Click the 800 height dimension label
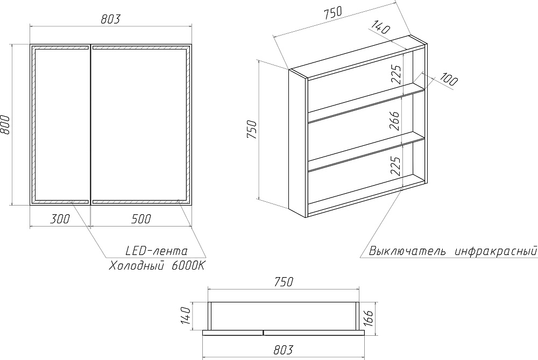[5, 125]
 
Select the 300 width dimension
[60, 218]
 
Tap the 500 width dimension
[141, 218]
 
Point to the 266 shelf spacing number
[394, 121]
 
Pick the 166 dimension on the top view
[368, 319]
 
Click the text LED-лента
[157, 251]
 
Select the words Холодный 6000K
[157, 266]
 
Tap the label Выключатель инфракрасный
[453, 251]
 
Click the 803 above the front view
[110, 19]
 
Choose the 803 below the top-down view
[284, 350]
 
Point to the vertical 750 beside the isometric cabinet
[251, 129]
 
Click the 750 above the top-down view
[284, 282]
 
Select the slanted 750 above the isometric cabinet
[333, 12]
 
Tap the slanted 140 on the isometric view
[380, 27]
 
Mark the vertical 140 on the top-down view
[185, 316]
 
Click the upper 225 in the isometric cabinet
[396, 74]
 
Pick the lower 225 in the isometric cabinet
[395, 166]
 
